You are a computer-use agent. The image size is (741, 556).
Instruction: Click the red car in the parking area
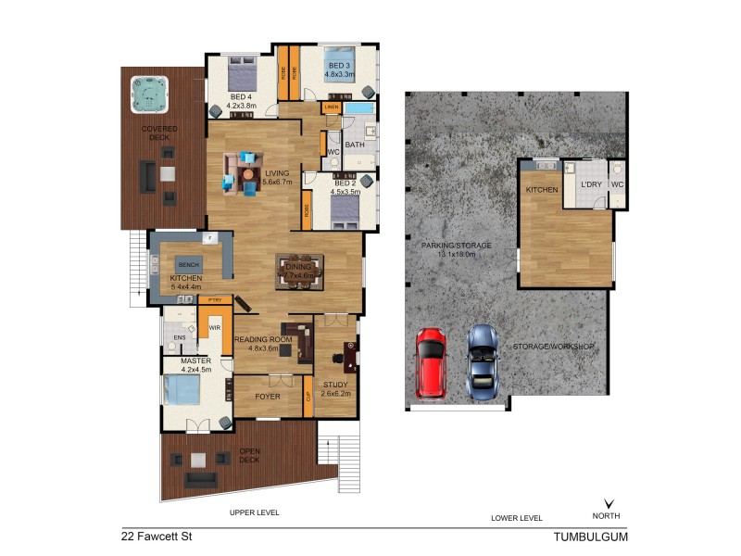pos(430,362)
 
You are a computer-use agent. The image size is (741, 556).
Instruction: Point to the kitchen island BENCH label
pos(189,262)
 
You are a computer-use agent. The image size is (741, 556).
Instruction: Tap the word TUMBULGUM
pos(590,536)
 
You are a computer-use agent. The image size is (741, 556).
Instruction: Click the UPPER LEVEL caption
pos(255,512)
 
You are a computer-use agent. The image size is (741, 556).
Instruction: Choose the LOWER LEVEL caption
pos(516,517)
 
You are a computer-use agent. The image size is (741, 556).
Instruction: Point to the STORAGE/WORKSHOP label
pos(550,347)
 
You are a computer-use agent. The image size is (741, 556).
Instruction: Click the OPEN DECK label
pos(247,456)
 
